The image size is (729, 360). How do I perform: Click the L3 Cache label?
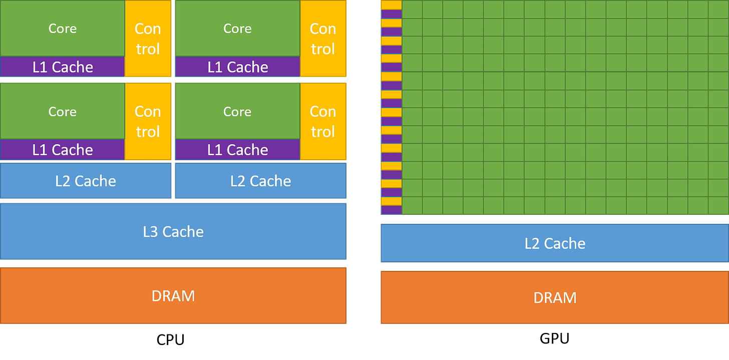(x=173, y=232)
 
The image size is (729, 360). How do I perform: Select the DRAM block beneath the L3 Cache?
(x=173, y=295)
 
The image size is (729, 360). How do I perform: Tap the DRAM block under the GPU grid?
(x=554, y=297)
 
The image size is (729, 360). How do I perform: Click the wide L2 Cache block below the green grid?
(x=554, y=243)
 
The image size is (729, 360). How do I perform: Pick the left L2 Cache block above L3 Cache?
(x=86, y=181)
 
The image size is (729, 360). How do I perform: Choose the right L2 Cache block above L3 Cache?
(x=260, y=181)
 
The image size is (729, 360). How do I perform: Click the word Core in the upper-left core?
(x=63, y=29)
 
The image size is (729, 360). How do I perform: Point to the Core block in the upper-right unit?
(x=237, y=29)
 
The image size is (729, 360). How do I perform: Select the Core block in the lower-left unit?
(x=63, y=111)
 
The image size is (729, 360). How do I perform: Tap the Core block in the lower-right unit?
(x=237, y=111)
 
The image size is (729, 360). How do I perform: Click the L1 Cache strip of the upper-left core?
(x=63, y=67)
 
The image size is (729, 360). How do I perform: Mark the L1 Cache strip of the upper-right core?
(x=237, y=67)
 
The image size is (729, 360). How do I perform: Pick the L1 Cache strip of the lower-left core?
(x=63, y=150)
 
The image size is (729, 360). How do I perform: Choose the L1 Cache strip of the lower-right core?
(x=237, y=150)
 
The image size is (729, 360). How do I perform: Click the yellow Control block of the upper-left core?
(x=148, y=39)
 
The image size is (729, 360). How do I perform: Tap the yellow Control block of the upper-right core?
(x=323, y=39)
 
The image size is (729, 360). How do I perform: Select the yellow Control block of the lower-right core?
(x=323, y=121)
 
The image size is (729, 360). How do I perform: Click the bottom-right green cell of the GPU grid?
(x=718, y=205)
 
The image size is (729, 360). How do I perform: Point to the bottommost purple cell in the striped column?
(x=391, y=210)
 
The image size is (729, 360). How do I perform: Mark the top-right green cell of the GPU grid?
(x=718, y=9)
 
